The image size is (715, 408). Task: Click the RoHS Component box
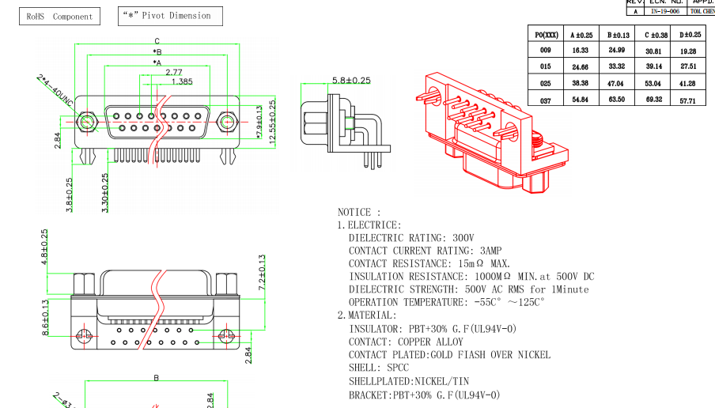click(x=59, y=16)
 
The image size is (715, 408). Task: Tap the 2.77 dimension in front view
click(x=174, y=72)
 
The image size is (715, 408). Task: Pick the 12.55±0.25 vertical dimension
click(x=274, y=121)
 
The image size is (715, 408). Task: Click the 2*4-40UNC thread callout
click(x=55, y=92)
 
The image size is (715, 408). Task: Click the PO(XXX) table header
click(x=547, y=34)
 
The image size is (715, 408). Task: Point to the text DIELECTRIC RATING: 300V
click(x=411, y=237)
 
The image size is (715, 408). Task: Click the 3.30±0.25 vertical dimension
click(x=105, y=193)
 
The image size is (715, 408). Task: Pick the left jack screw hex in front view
click(x=86, y=122)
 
